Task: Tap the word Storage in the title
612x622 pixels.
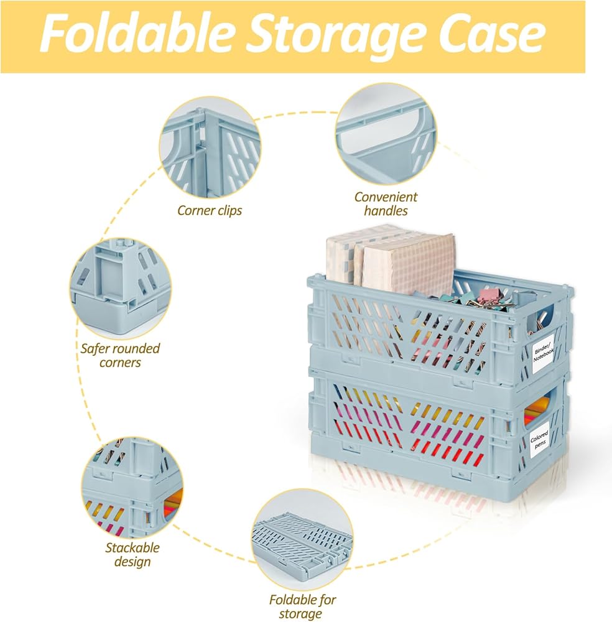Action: [338, 35]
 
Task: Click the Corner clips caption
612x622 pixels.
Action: [210, 210]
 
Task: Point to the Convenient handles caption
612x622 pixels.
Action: [386, 203]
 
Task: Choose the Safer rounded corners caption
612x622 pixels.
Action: [120, 355]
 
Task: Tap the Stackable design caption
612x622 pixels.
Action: [132, 555]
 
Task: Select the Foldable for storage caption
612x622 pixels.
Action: [302, 606]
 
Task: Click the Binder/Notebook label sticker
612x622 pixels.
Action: [543, 353]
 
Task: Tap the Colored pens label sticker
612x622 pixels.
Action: [539, 440]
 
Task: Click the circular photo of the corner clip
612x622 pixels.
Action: [210, 147]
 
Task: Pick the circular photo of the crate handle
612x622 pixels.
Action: [386, 134]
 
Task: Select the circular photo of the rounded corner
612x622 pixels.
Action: [121, 289]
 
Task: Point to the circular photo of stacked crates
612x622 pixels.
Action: [132, 488]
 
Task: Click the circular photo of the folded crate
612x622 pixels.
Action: [302, 539]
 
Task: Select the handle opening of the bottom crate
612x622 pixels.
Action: [540, 409]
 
